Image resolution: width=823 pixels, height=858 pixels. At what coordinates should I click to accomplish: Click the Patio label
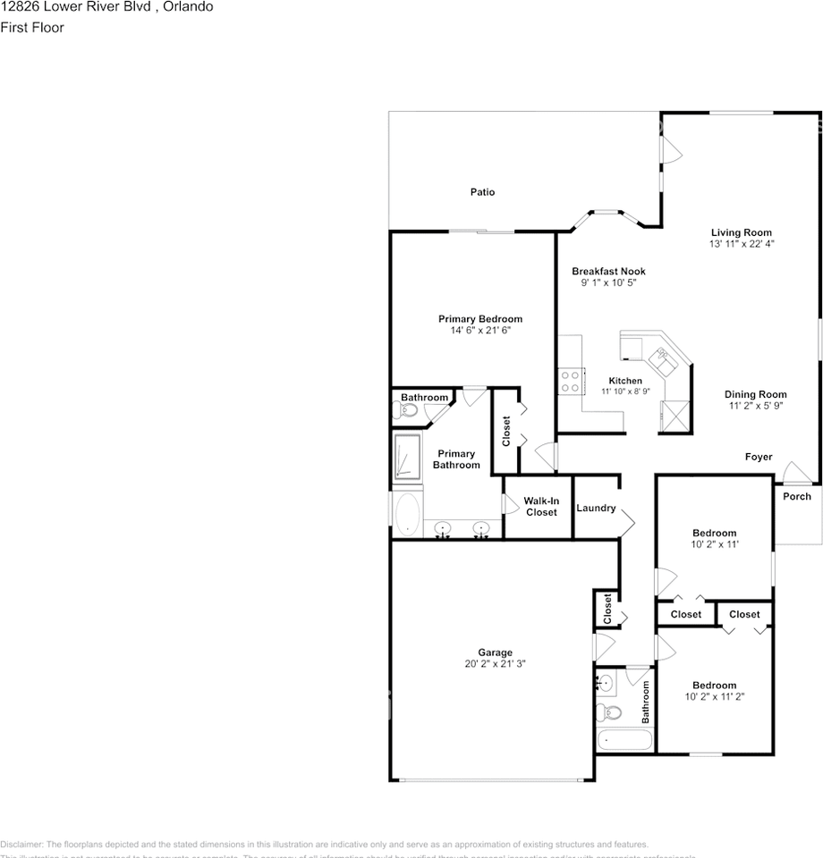[482, 192]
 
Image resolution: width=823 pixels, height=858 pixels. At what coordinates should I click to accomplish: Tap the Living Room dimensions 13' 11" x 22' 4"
[741, 244]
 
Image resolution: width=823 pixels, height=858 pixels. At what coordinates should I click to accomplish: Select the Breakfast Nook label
[608, 272]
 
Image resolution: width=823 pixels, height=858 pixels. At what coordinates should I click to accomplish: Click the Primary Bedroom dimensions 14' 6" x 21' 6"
[479, 331]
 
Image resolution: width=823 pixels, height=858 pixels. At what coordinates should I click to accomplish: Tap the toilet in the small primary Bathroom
[405, 411]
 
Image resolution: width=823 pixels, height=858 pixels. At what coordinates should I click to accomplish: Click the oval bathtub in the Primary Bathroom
[407, 516]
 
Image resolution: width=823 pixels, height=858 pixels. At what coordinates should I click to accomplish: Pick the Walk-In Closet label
[540, 507]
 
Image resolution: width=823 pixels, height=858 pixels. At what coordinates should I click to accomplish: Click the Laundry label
[596, 509]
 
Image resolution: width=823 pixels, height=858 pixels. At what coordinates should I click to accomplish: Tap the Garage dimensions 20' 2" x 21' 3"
[495, 665]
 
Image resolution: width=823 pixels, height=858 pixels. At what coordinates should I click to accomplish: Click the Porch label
[797, 497]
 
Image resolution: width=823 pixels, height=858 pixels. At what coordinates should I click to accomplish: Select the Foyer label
[759, 458]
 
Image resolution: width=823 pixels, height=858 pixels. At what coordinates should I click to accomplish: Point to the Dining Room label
[755, 394]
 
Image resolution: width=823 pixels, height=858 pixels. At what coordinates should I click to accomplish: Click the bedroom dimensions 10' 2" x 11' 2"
[715, 697]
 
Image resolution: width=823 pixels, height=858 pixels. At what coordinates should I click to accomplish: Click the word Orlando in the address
[187, 6]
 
